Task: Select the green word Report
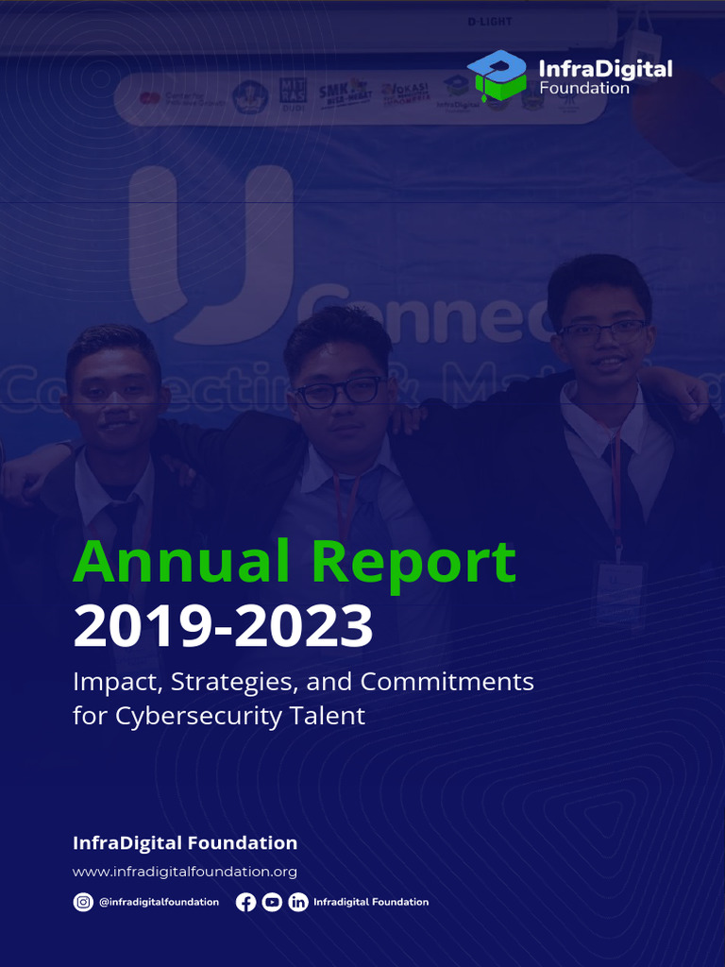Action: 415,563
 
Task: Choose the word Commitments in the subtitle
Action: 447,681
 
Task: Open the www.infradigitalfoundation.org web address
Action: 185,872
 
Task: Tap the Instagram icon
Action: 83,902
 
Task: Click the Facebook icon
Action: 245,902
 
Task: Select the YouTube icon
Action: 272,902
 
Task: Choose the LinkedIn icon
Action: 298,902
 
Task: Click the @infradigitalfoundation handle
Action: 159,902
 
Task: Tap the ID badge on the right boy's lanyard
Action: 618,593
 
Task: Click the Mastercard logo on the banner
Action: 148,97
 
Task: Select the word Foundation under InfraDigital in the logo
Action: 584,88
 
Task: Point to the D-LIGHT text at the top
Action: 488,22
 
